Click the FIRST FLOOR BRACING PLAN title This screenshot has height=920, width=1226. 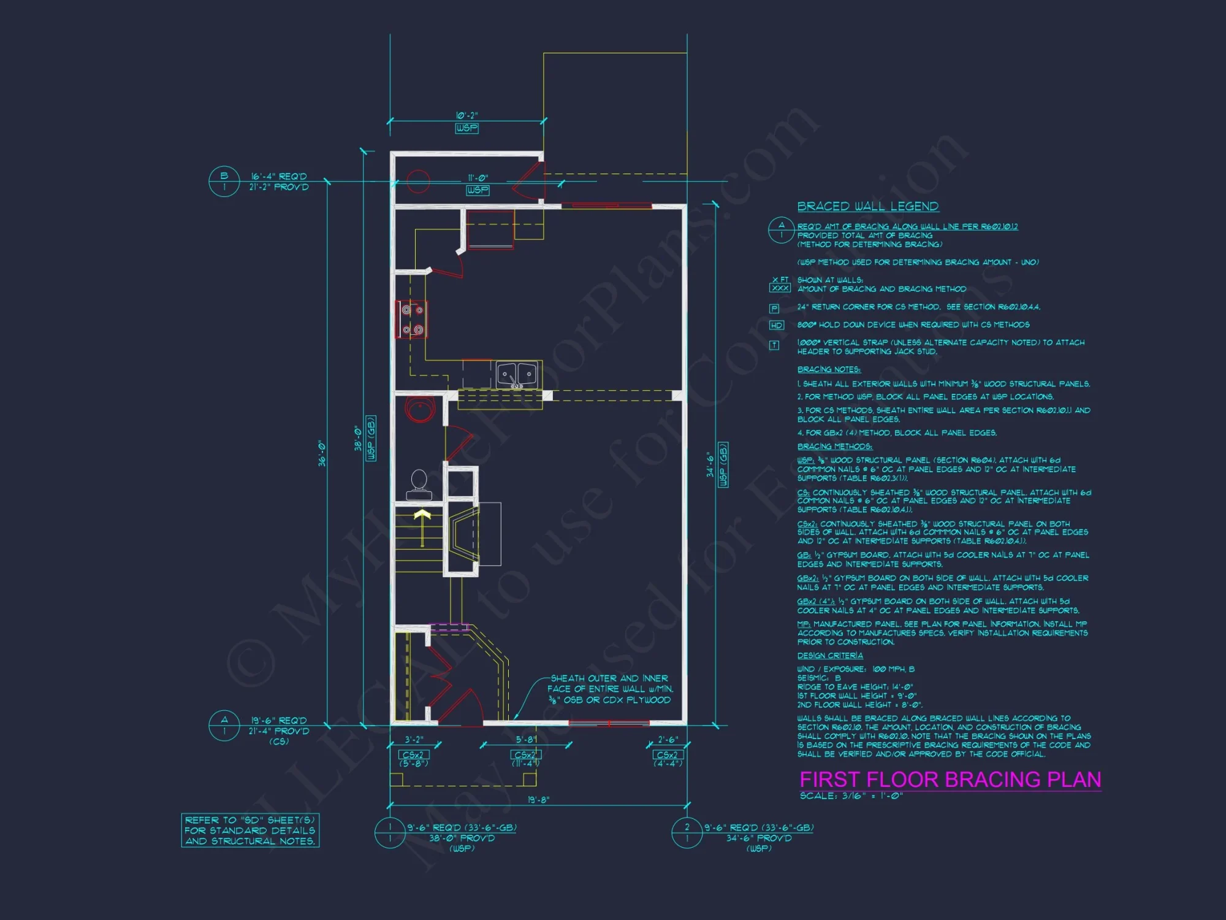point(950,780)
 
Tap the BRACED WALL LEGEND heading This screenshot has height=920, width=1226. point(867,207)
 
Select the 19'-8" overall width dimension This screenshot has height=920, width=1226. point(538,800)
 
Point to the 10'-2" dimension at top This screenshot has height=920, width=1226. point(466,115)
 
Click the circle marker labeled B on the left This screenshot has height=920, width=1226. point(224,182)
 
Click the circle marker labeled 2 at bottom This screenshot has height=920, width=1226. point(687,833)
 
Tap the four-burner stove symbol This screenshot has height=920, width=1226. point(411,320)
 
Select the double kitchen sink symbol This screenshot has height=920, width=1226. point(517,374)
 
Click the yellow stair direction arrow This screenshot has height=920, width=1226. point(422,524)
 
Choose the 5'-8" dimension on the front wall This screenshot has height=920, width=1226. point(526,740)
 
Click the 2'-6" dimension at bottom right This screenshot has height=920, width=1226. point(668,740)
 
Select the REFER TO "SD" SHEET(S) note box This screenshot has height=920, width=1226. point(250,830)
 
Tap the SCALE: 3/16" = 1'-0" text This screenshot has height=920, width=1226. point(851,796)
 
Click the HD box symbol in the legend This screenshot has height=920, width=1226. point(776,326)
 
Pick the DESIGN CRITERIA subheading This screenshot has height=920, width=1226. point(829,656)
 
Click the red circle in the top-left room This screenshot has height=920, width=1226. point(418,181)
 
